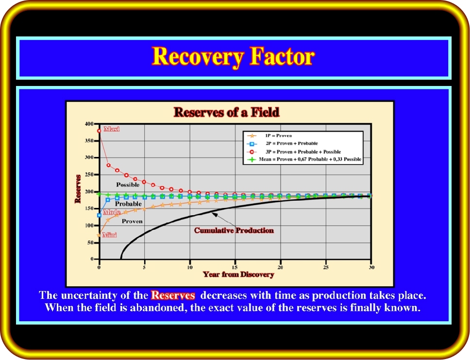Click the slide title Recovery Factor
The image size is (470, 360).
(x=233, y=57)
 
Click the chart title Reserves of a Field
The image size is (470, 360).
(x=227, y=112)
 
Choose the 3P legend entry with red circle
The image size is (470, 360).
(x=294, y=152)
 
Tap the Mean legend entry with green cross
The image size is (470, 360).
(x=304, y=159)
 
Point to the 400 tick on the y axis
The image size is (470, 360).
(x=89, y=124)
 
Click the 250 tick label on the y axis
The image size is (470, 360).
(x=89, y=174)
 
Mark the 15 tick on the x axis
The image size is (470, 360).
(x=235, y=267)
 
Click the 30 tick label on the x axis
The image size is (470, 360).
(x=371, y=267)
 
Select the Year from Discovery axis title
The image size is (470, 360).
(x=238, y=274)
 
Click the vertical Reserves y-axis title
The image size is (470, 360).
(x=78, y=189)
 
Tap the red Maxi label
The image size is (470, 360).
(x=112, y=129)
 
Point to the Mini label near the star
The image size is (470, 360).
(x=109, y=235)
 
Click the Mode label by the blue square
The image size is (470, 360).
(x=112, y=212)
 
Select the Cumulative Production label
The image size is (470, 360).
(x=234, y=230)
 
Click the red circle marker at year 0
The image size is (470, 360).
(x=99, y=131)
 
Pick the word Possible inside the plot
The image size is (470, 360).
(x=128, y=185)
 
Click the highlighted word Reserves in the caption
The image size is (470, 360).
(x=173, y=295)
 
